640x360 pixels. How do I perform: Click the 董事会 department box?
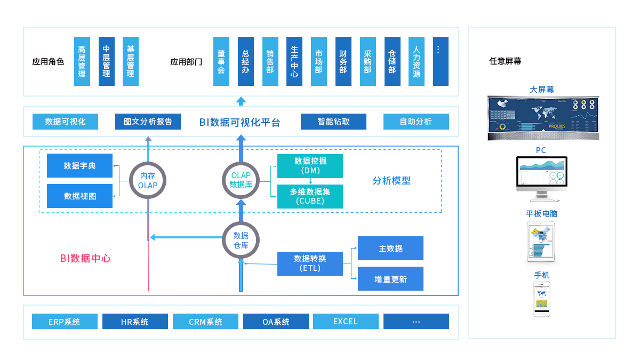[221, 61]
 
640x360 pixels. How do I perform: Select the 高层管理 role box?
[82, 61]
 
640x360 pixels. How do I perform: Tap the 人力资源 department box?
[417, 61]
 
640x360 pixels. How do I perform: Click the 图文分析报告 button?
[148, 122]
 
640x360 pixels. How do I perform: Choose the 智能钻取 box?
[333, 122]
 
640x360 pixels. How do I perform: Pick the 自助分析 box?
[416, 122]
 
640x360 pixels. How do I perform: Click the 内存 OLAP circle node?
[148, 181]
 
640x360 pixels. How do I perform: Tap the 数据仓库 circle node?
[241, 241]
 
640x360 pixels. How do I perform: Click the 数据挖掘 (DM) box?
[310, 166]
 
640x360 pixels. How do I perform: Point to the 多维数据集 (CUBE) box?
[310, 196]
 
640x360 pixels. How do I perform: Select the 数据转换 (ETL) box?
[310, 263]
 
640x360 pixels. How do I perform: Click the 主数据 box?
[390, 249]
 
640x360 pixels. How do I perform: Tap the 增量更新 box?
[390, 279]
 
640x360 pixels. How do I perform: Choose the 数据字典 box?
[79, 166]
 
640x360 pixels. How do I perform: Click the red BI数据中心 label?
[85, 258]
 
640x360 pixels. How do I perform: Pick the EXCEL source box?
[345, 322]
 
